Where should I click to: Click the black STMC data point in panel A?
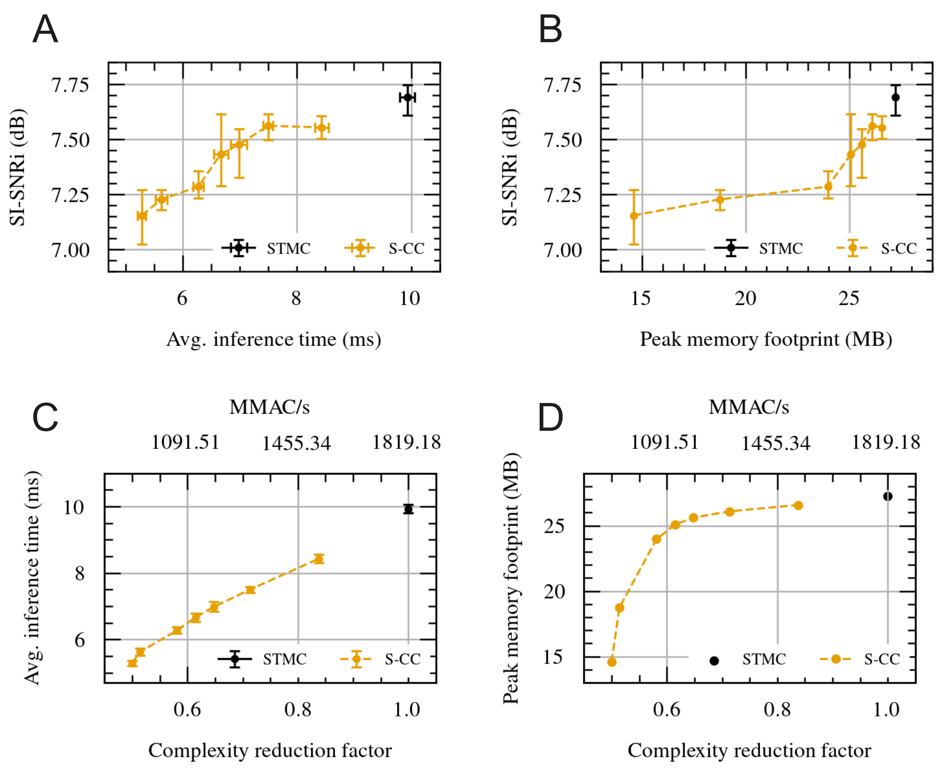407,97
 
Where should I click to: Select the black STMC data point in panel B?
896,97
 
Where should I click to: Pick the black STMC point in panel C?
408,509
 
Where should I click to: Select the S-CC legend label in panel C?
403,659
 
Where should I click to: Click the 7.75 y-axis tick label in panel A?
70,85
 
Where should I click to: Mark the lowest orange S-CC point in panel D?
612,662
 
